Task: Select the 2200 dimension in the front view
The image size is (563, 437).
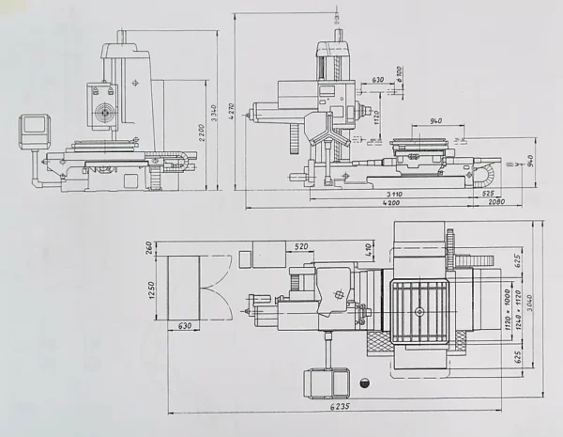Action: (x=199, y=133)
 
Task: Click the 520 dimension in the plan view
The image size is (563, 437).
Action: (x=301, y=246)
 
